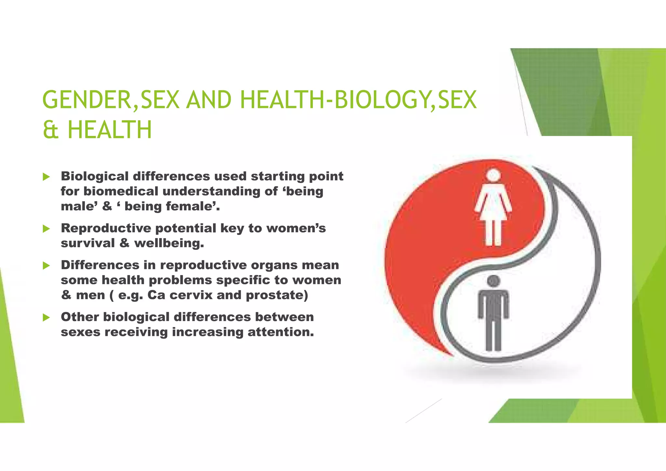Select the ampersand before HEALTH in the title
[50, 130]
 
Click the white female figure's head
[493, 175]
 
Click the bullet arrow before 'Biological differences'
[46, 177]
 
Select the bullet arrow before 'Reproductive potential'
[46, 229]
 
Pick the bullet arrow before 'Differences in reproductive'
[46, 265]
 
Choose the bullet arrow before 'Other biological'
[46, 317]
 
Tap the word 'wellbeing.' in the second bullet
[169, 243]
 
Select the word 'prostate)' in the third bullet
[277, 295]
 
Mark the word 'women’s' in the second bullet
[296, 228]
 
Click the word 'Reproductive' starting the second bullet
[106, 228]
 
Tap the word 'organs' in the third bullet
[275, 265]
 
